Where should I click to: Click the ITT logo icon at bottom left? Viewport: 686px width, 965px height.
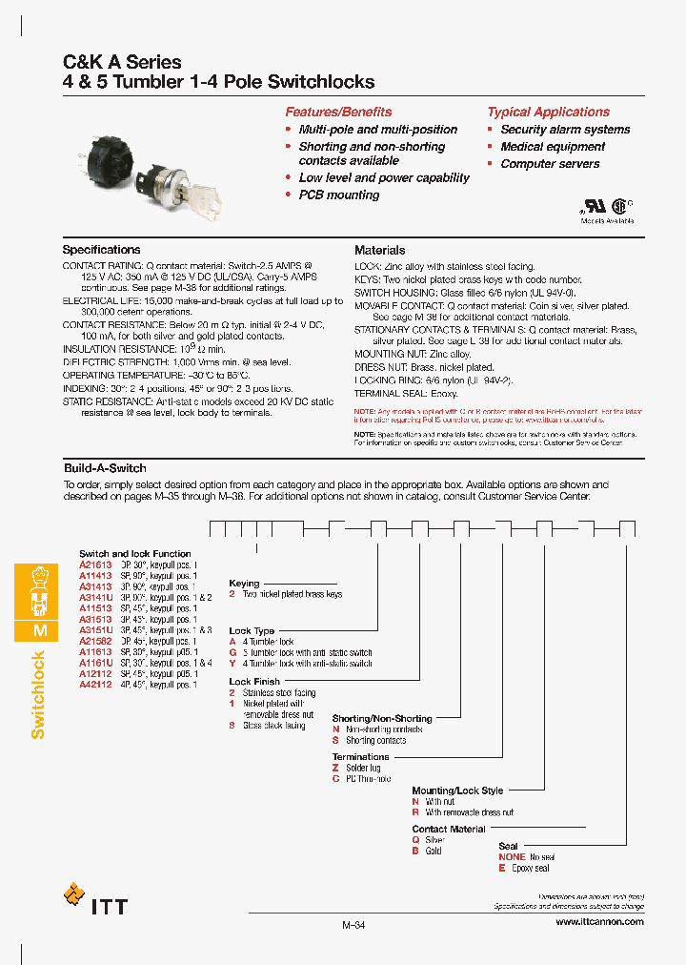[x=73, y=894]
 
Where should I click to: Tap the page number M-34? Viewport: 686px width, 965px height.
[x=353, y=925]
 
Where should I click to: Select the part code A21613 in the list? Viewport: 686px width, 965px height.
[x=95, y=564]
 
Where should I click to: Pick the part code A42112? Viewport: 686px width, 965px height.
[x=95, y=686]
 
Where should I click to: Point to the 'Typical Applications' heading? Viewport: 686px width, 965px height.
[x=548, y=112]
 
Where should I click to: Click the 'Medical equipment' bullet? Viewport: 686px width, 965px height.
[x=553, y=147]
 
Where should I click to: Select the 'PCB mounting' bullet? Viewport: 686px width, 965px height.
[x=338, y=195]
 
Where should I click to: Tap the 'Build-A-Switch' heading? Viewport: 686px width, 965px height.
[x=104, y=468]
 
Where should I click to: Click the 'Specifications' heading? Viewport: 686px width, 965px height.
[x=101, y=250]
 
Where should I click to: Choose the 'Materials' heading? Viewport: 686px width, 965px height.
[x=379, y=250]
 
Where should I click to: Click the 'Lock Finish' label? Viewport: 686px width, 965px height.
[x=254, y=682]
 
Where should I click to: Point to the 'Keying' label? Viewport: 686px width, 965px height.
[x=244, y=583]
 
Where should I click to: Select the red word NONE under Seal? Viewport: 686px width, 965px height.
[x=512, y=857]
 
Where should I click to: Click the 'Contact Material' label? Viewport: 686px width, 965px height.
[x=448, y=829]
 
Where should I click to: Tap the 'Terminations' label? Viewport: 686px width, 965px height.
[x=360, y=756]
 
